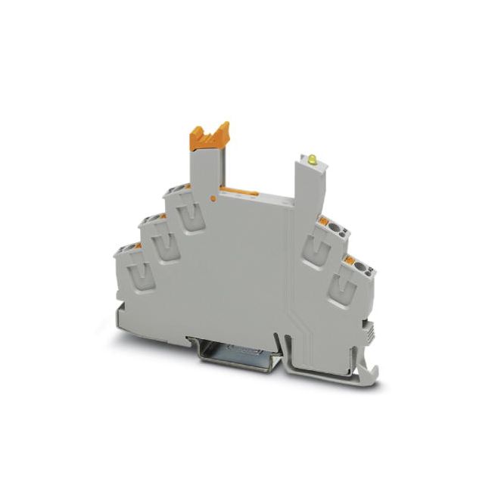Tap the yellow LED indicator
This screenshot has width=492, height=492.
tap(310, 160)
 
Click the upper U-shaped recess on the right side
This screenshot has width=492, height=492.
tap(319, 248)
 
